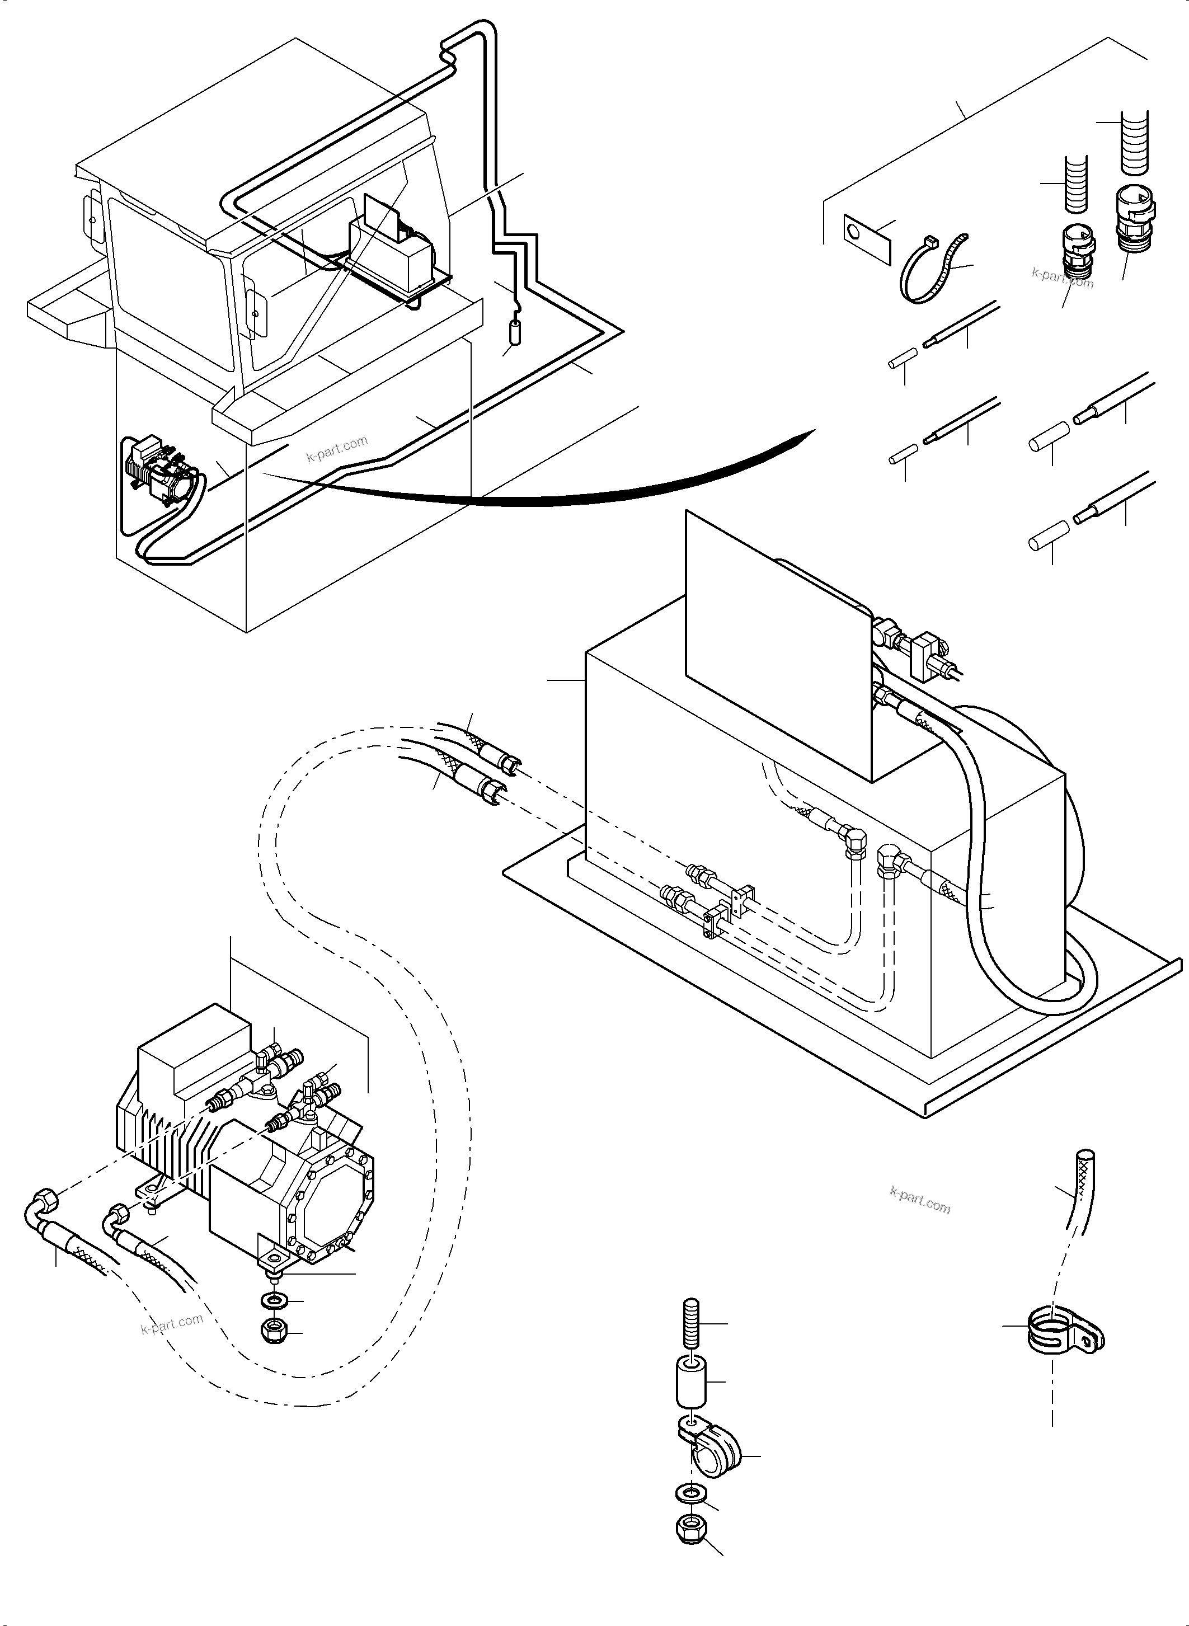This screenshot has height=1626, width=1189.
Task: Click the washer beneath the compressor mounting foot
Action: click(274, 1300)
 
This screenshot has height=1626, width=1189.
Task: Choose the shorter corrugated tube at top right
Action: click(1076, 184)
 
